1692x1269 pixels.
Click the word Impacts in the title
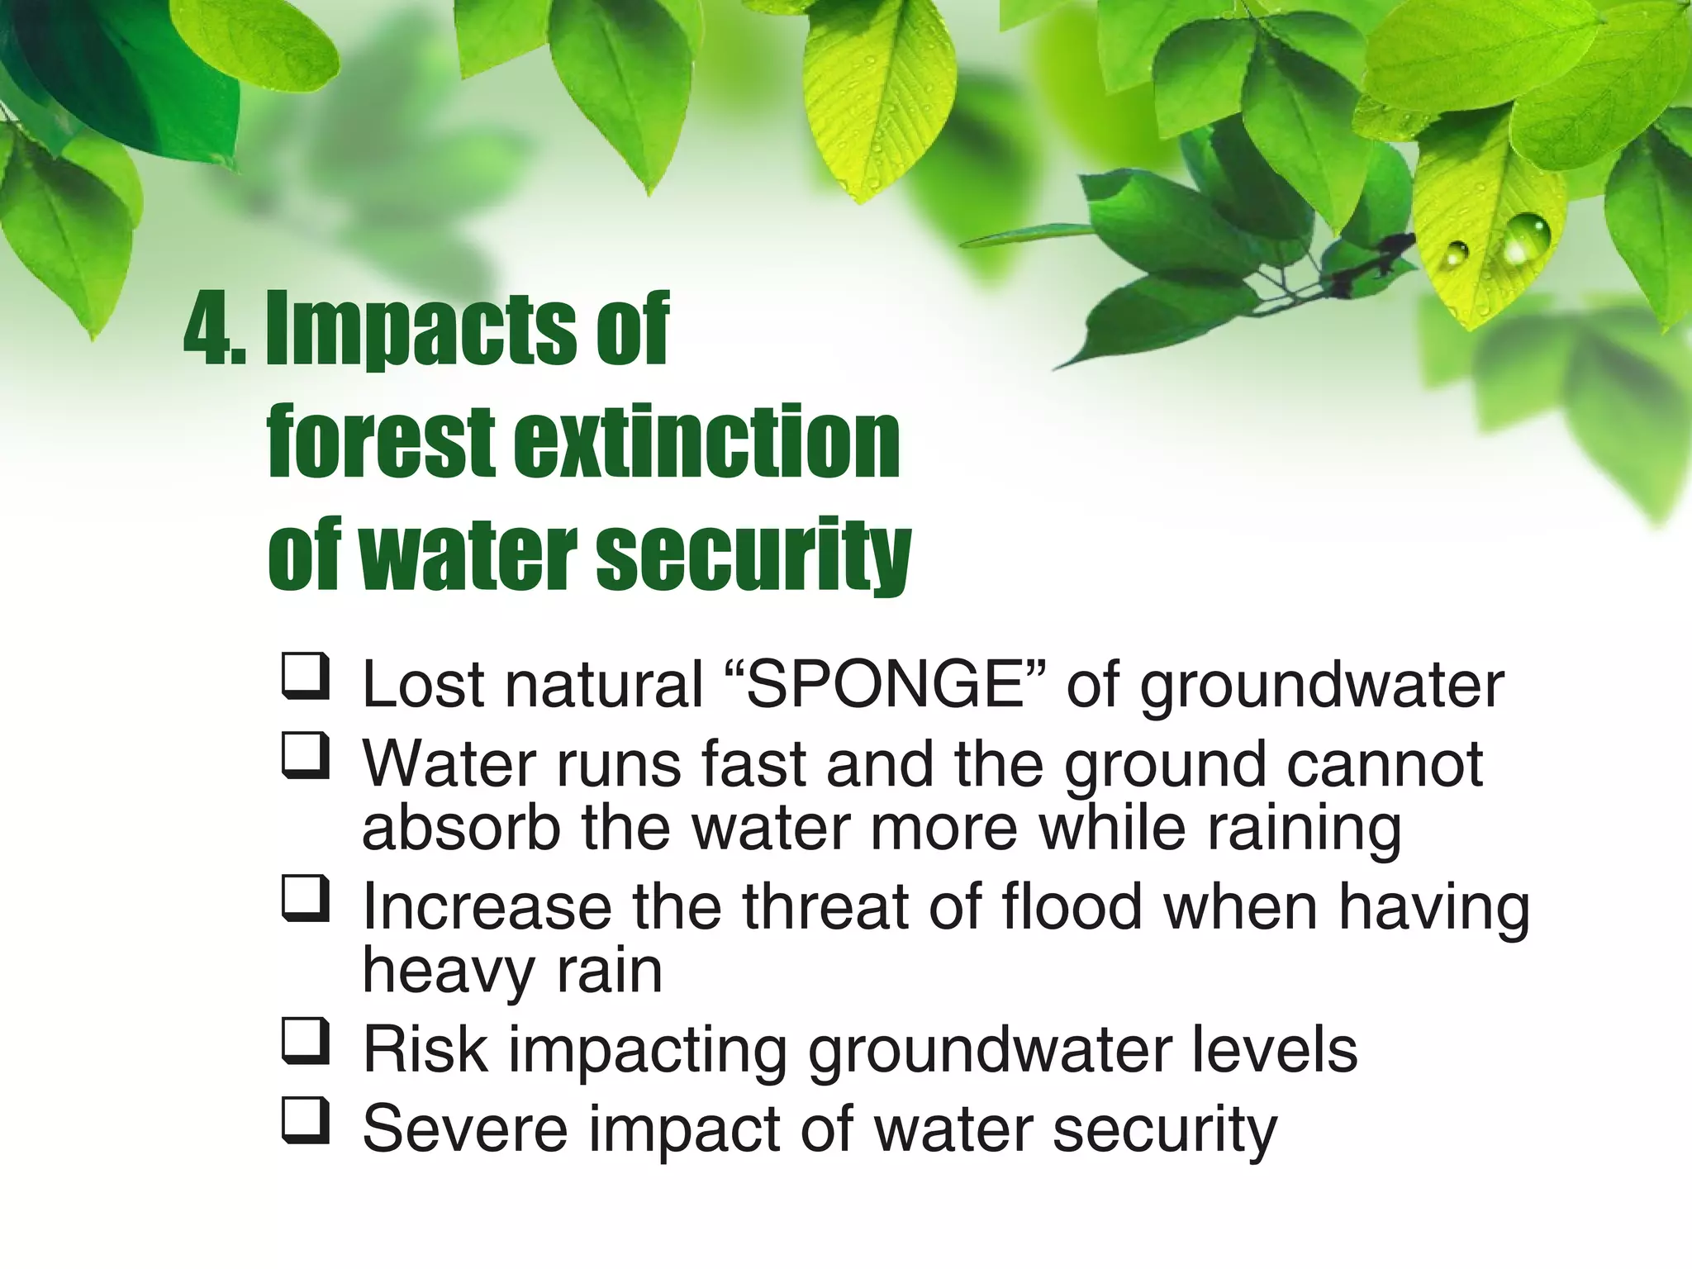421,331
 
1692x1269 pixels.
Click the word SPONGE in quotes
885,685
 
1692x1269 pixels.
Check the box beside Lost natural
306,677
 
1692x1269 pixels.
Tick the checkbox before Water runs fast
306,756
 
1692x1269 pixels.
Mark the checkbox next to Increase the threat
306,899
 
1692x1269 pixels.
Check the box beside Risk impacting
306,1042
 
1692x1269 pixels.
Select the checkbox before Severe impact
306,1121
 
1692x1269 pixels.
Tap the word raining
1305,829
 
